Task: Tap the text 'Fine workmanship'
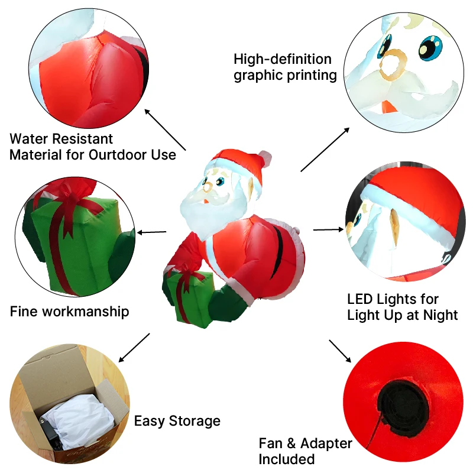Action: click(x=69, y=311)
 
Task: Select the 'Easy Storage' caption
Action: click(x=177, y=421)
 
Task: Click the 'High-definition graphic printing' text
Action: click(x=286, y=67)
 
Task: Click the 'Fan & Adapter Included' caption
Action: click(x=305, y=451)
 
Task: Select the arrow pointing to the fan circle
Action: click(x=340, y=351)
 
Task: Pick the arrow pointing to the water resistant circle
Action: click(x=165, y=129)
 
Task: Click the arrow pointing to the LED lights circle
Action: click(x=328, y=229)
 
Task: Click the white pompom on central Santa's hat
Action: click(x=265, y=158)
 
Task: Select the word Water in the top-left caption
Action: click(x=30, y=140)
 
